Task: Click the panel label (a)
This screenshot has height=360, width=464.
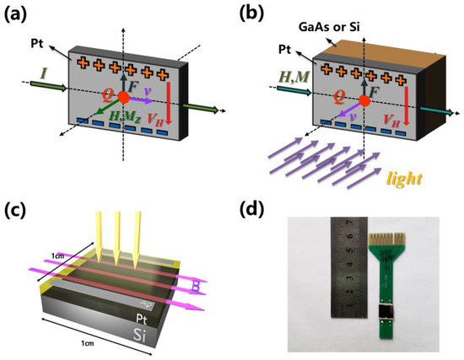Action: point(19,15)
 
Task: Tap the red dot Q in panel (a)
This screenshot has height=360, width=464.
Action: point(124,99)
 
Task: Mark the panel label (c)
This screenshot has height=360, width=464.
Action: point(19,207)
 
